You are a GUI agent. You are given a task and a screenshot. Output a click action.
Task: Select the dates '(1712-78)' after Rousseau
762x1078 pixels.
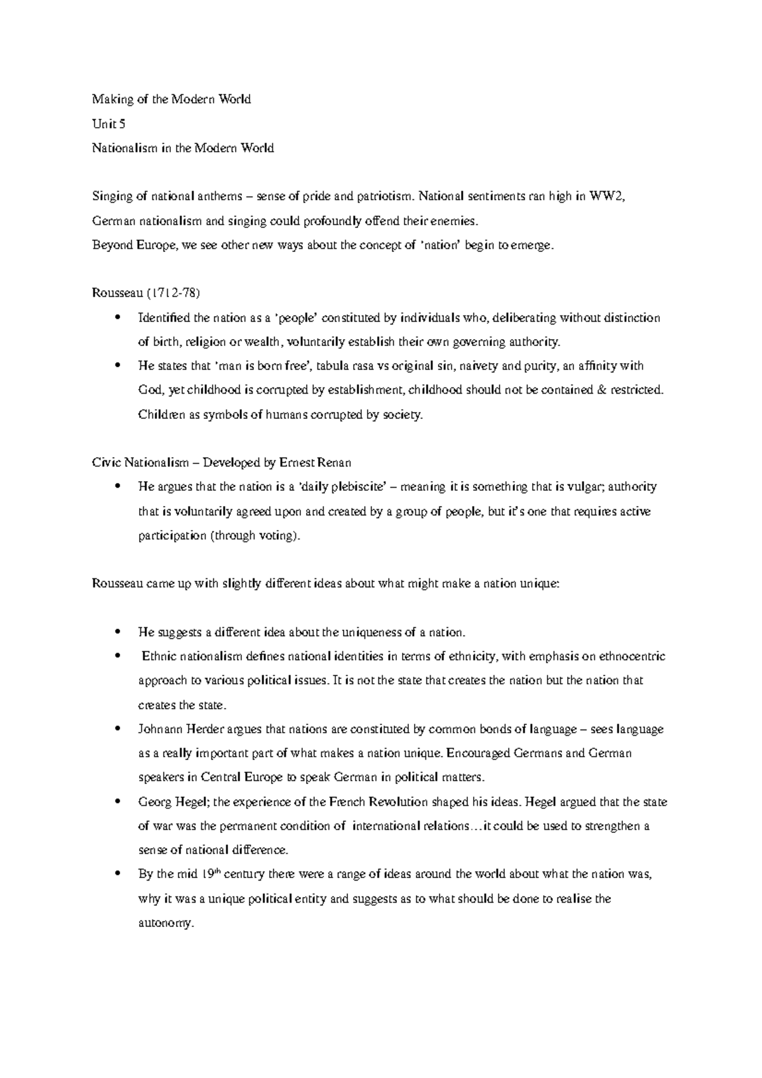(x=173, y=293)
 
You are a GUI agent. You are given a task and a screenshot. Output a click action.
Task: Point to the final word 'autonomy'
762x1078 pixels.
(x=164, y=924)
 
